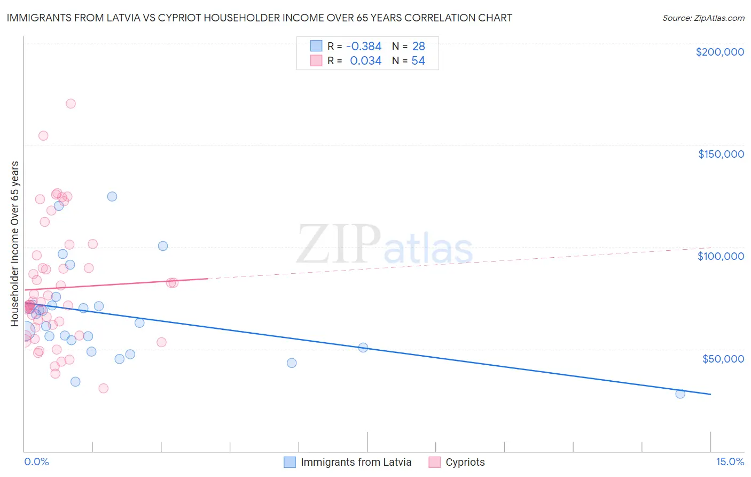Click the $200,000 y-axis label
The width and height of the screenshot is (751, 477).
tap(719, 52)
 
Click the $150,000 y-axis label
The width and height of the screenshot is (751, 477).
tap(721, 154)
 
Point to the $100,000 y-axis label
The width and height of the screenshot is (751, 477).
tap(721, 256)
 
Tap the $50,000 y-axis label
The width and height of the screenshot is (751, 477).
tap(723, 358)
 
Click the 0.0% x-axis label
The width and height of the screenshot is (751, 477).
tap(36, 461)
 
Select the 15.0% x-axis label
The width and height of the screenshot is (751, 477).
tap(730, 461)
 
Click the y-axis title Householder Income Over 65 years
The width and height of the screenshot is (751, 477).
tap(15, 243)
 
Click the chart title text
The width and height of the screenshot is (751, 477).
tap(260, 18)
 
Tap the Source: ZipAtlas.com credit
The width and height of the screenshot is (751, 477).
tap(703, 18)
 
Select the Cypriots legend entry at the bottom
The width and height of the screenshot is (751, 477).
tap(465, 462)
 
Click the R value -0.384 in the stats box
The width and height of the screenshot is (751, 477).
tap(364, 47)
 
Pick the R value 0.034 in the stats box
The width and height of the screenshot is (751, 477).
tap(365, 61)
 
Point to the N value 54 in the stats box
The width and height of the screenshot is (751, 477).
tap(418, 61)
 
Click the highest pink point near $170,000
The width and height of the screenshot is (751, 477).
tap(71, 104)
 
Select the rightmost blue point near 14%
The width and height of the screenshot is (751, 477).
tap(680, 394)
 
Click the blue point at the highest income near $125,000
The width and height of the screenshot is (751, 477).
tap(112, 196)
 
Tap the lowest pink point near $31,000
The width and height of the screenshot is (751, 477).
tap(104, 388)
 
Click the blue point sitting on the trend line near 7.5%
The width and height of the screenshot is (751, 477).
tap(363, 347)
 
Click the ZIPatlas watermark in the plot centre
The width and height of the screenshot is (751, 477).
tap(385, 245)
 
